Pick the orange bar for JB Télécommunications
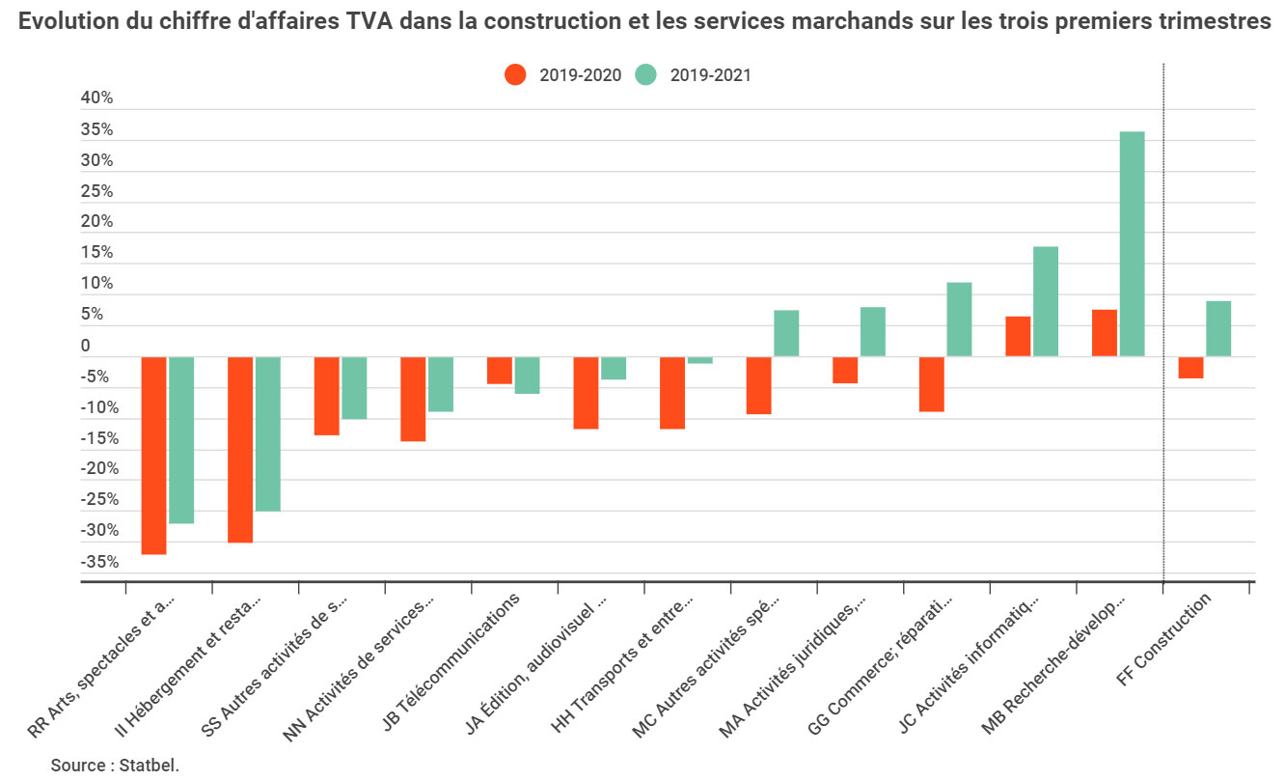499,371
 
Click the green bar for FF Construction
1218,329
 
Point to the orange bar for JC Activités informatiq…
1018,337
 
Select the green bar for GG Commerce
959,320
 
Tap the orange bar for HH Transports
672,393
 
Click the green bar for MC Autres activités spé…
786,333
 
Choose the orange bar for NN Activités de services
413,399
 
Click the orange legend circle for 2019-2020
516,75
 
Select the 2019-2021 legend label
710,75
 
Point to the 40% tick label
96,98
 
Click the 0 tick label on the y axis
86,346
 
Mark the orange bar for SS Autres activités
326,396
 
